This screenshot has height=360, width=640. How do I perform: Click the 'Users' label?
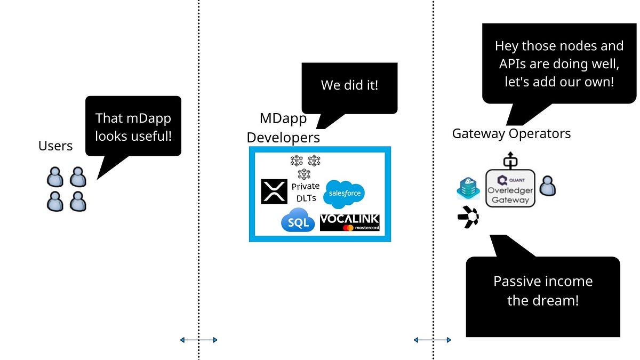click(55, 146)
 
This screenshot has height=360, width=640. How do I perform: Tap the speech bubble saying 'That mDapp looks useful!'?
click(133, 126)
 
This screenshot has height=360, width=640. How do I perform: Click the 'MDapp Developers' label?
click(283, 127)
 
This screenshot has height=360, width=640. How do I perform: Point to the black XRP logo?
click(274, 191)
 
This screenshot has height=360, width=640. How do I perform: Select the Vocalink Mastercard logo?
click(350, 222)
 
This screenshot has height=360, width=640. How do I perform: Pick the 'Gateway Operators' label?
click(511, 133)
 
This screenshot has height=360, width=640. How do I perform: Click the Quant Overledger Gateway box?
click(510, 188)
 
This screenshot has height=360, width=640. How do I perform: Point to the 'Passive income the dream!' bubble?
click(542, 291)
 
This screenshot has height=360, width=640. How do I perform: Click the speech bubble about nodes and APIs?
click(558, 64)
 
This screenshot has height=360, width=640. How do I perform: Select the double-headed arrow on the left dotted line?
click(198, 340)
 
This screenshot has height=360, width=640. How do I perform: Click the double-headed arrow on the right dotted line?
click(433, 340)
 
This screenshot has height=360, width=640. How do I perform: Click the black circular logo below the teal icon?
click(468, 218)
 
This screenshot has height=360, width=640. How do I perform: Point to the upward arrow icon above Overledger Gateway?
click(510, 159)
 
